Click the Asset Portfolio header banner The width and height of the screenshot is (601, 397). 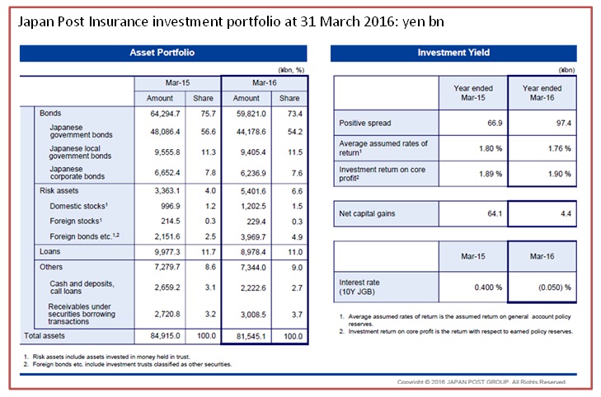[x=163, y=53]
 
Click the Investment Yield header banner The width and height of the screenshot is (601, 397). [x=453, y=53]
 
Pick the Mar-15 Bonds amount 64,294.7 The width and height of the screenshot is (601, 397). [x=165, y=114]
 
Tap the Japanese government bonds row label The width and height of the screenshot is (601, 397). [x=81, y=131]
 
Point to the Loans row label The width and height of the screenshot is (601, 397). [x=49, y=251]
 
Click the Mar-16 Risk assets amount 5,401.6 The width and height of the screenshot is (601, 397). [x=253, y=191]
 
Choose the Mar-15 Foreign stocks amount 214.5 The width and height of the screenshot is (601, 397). [x=171, y=222]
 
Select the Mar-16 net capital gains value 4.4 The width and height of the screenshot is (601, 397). [x=566, y=213]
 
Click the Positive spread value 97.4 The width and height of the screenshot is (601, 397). [x=563, y=124]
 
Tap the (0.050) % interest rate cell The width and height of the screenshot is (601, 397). [x=555, y=287]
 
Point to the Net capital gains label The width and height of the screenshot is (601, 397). [x=367, y=213]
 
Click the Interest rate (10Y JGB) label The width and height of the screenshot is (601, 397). [x=359, y=287]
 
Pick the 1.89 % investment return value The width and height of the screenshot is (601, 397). [x=491, y=174]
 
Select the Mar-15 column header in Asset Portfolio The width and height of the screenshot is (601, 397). [x=177, y=83]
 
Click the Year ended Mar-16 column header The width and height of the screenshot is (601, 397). [x=542, y=92]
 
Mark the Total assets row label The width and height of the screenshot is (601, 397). [x=45, y=336]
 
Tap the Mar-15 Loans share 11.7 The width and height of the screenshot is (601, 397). [x=209, y=252]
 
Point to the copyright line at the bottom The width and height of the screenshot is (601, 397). [x=481, y=382]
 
